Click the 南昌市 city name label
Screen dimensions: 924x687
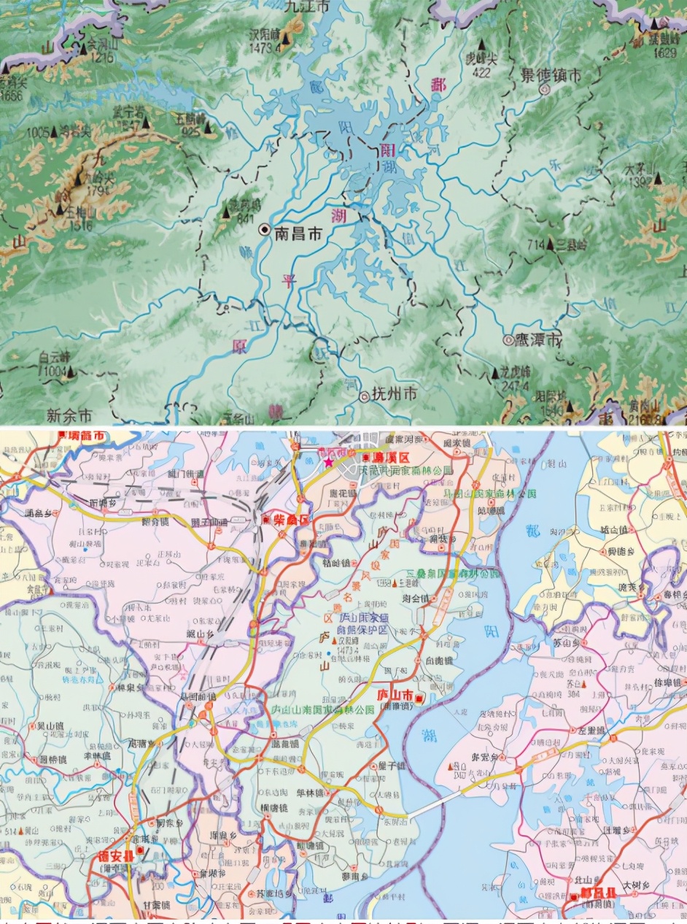click(x=298, y=233)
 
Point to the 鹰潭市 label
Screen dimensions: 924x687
click(x=540, y=340)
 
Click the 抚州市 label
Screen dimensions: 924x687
click(x=394, y=394)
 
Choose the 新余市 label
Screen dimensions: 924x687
click(x=69, y=415)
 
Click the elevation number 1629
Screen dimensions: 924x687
click(x=665, y=53)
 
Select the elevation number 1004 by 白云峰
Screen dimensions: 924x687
click(x=53, y=371)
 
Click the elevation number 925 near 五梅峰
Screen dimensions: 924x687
click(x=191, y=133)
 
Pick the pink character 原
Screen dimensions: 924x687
click(x=239, y=347)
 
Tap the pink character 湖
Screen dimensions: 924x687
click(x=338, y=216)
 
